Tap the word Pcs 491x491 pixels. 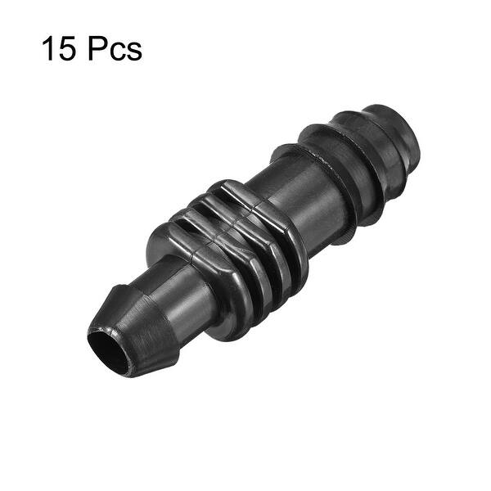115,49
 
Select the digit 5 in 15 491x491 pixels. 70,49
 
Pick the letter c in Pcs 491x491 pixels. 116,52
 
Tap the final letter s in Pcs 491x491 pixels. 133,52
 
